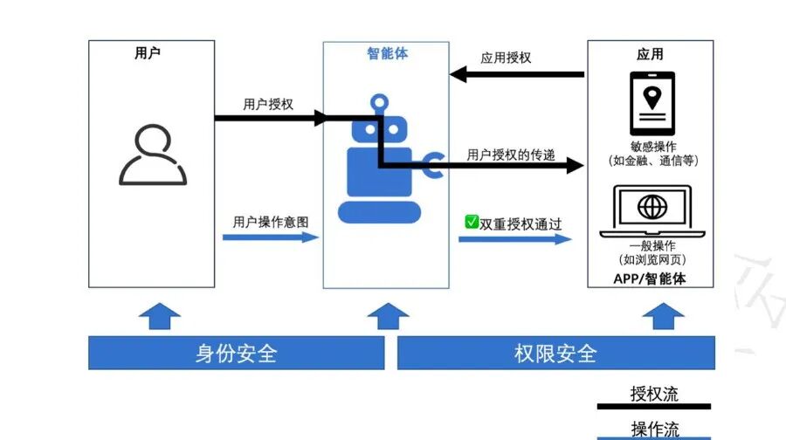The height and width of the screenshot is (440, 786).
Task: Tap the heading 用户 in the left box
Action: pos(148,52)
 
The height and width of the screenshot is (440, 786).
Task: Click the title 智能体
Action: pos(387,53)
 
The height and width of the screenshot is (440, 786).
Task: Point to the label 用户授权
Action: pos(268,104)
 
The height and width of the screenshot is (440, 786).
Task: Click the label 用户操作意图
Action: pos(271,222)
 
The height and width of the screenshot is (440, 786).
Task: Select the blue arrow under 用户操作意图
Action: pos(271,237)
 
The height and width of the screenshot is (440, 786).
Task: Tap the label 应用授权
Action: pos(506,58)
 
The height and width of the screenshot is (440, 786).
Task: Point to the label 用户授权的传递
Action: pos(511,155)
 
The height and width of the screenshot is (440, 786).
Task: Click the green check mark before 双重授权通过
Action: pos(472,223)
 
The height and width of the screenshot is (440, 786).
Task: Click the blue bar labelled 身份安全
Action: pos(236,354)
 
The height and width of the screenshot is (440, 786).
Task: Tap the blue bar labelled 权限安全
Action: pos(555,354)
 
